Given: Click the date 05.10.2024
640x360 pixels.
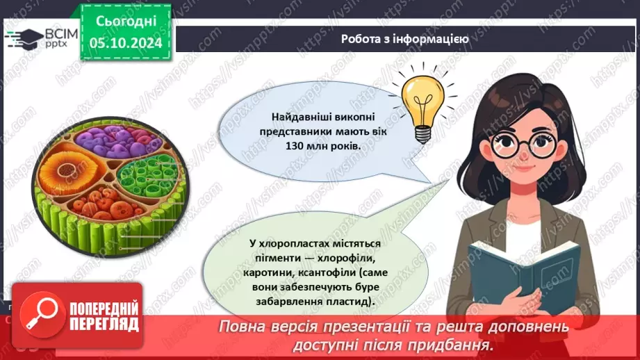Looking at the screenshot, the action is click(x=126, y=43).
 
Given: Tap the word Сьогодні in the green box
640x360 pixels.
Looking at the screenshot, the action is click(x=126, y=22).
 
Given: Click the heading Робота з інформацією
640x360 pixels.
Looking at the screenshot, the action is click(x=405, y=39).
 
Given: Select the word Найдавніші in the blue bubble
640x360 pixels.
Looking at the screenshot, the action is click(x=300, y=117).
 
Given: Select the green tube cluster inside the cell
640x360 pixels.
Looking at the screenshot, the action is click(x=147, y=177).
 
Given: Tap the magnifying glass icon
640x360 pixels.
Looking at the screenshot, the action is click(x=42, y=316).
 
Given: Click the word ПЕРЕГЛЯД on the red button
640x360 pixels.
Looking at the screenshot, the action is click(x=104, y=325).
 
